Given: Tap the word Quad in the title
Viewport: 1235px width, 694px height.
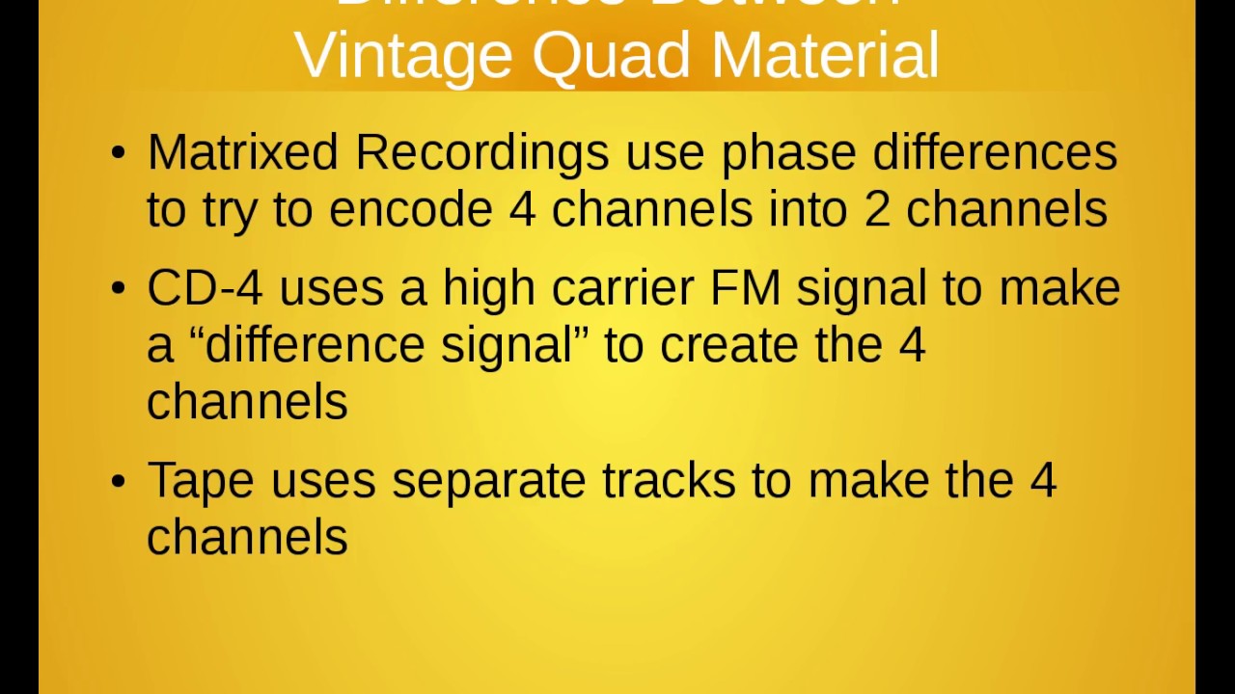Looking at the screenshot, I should [x=611, y=56].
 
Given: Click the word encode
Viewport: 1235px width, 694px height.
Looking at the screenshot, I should [x=410, y=210].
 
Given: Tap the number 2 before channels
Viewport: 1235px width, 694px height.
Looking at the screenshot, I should [x=877, y=210].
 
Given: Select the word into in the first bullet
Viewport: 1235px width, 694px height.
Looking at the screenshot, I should [x=808, y=210].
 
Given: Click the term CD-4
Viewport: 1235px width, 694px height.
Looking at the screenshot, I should [x=204, y=288].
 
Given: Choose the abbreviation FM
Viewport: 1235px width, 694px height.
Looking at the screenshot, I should [x=745, y=288].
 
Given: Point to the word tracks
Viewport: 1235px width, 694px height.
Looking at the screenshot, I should [x=669, y=480].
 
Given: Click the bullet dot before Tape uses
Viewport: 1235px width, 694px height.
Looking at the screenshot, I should [x=118, y=481].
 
